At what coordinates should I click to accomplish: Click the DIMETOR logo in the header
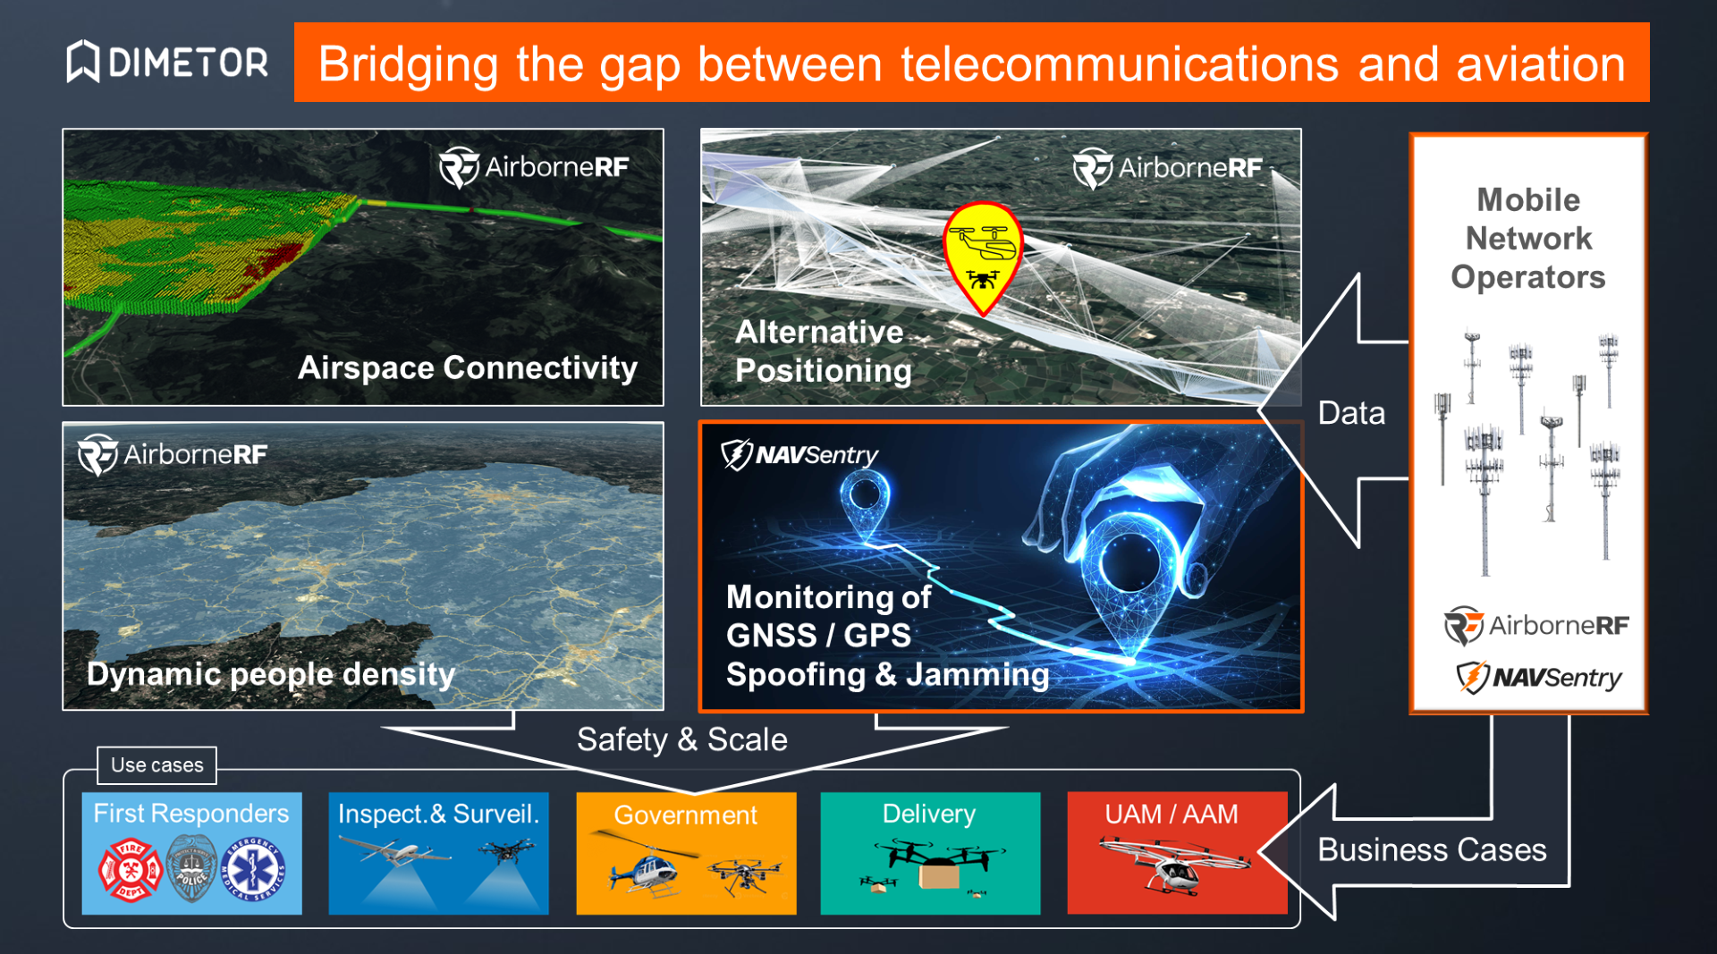167,62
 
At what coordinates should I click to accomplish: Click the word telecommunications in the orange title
1120,64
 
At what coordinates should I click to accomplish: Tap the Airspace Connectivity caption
468,367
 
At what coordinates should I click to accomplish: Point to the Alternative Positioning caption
824,350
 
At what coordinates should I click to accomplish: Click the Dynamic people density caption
271,673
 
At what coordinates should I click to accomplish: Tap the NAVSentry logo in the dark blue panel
799,454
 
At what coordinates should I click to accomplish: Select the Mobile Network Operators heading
1528,238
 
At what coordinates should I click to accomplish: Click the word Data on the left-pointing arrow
1351,413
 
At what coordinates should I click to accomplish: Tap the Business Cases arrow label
1432,849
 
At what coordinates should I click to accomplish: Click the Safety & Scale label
682,739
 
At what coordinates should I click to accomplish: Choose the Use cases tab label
157,764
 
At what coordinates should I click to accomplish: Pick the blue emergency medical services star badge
254,869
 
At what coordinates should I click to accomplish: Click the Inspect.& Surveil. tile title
438,814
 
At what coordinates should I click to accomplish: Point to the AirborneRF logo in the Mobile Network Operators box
1536,625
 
